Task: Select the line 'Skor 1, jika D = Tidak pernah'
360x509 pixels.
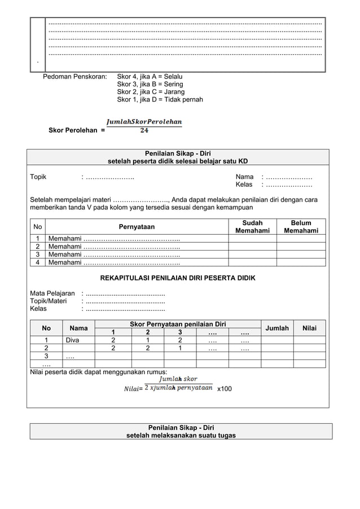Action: tap(160, 99)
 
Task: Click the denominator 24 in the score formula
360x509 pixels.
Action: tap(144, 130)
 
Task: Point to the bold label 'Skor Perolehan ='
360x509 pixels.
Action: tap(76, 130)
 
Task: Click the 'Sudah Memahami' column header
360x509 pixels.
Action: tap(252, 227)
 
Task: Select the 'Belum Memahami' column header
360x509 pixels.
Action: tap(301, 227)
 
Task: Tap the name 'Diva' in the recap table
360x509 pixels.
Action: tap(72, 340)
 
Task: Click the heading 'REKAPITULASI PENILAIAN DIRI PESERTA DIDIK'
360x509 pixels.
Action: tap(178, 278)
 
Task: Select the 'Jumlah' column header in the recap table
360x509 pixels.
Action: tap(277, 328)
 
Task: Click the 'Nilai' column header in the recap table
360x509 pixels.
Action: tap(309, 328)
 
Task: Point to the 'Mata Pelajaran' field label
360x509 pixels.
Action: tap(52, 293)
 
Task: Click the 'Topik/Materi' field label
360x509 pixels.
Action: tap(48, 301)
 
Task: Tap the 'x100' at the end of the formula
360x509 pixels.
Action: tap(224, 389)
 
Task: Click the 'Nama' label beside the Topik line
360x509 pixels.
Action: tap(244, 177)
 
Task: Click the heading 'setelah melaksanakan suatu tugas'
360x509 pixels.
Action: tap(181, 435)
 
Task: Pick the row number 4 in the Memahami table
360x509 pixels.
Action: tap(38, 262)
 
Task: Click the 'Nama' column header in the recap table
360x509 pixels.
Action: tap(78, 328)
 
